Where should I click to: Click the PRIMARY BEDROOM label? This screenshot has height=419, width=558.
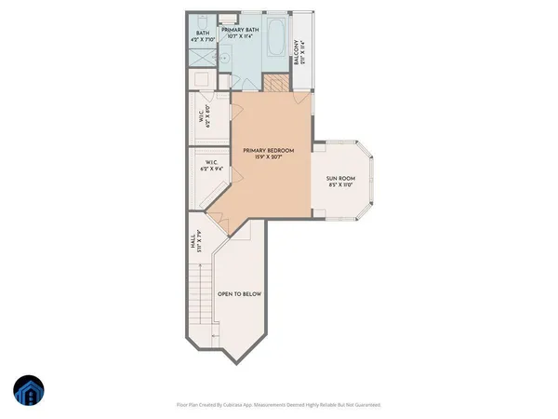tap(269, 150)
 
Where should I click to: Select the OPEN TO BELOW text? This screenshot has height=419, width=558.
tap(239, 293)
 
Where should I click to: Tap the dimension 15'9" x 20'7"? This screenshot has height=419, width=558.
tap(269, 158)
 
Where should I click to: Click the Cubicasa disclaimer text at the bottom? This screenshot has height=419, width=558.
tap(278, 405)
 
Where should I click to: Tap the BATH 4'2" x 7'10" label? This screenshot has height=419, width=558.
tap(202, 37)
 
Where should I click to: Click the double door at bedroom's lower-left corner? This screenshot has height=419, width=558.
tap(218, 220)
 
